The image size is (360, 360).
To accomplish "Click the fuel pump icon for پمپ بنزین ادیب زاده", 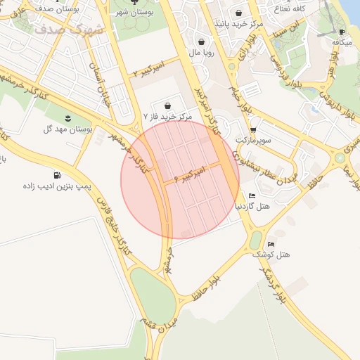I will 56,176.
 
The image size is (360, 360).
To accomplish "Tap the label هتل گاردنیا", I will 255,207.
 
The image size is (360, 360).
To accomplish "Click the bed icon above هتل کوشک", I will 271,243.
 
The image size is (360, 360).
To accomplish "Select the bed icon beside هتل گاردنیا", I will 252,195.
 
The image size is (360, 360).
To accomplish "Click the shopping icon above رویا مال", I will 202,41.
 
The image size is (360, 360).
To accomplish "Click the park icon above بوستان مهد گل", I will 68,117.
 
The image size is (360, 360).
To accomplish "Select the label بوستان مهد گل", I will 68,129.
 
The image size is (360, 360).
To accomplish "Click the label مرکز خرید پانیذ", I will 242,24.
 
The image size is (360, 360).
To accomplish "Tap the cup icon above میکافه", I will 341,32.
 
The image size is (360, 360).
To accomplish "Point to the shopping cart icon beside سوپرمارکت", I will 252,130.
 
